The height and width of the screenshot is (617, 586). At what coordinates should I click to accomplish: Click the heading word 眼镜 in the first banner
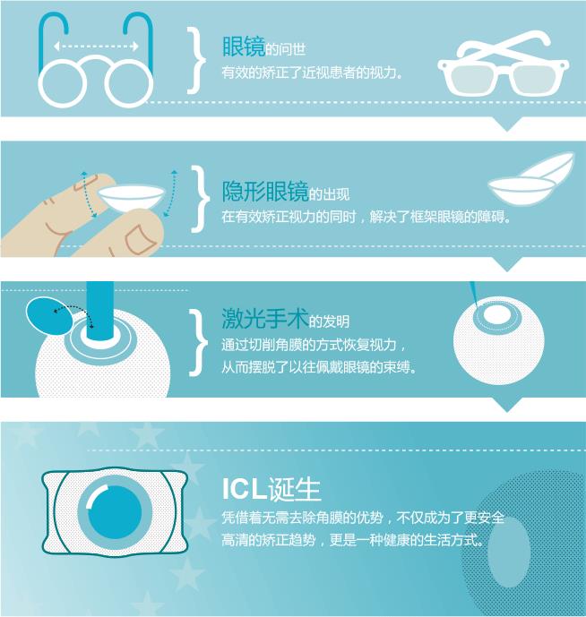(x=244, y=47)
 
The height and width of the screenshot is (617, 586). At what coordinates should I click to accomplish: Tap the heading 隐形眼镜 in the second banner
(x=265, y=192)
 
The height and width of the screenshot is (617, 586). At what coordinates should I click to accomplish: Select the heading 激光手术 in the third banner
(x=264, y=319)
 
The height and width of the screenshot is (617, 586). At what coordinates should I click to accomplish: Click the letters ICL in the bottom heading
(x=243, y=489)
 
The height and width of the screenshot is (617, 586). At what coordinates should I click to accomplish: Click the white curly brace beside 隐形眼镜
(x=201, y=199)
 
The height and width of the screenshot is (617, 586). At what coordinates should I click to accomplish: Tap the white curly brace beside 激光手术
(x=199, y=342)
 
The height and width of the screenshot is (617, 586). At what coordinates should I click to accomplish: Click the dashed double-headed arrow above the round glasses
(x=97, y=47)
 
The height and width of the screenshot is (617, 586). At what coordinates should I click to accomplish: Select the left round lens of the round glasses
(x=62, y=82)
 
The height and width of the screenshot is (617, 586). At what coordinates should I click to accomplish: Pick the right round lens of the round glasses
(x=129, y=82)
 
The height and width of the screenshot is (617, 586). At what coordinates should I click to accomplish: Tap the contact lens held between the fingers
(x=131, y=199)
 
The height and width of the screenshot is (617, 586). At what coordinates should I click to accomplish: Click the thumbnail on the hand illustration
(x=139, y=238)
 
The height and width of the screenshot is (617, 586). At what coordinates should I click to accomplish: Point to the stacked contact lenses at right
(x=530, y=179)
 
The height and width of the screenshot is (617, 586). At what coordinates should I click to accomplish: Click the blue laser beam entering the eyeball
(x=100, y=311)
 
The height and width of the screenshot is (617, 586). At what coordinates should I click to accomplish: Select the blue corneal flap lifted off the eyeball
(x=48, y=316)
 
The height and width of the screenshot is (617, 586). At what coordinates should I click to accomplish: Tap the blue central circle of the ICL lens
(x=115, y=512)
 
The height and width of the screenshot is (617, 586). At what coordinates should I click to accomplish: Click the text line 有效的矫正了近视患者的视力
(x=312, y=73)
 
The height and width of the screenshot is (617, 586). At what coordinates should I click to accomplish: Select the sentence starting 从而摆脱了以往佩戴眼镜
(x=319, y=367)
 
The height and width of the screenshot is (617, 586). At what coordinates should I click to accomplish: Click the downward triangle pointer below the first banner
(x=507, y=124)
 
